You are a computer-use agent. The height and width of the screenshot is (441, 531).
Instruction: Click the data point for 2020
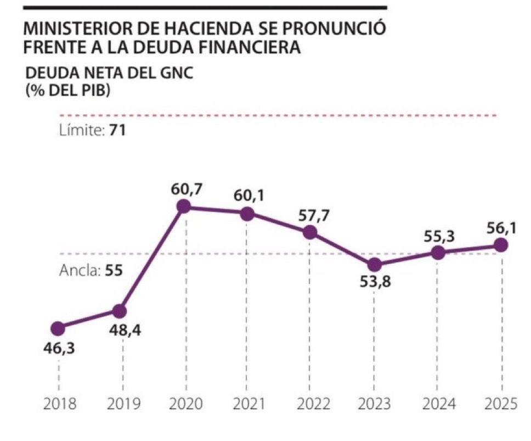point(184,206)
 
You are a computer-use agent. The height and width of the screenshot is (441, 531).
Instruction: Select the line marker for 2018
point(58,328)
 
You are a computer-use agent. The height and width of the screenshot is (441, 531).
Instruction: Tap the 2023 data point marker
point(374,265)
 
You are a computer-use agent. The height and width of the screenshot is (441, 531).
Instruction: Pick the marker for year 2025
point(500,246)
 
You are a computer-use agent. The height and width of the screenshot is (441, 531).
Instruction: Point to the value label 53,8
point(374,286)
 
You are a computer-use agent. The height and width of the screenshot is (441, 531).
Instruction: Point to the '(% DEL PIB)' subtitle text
point(67,90)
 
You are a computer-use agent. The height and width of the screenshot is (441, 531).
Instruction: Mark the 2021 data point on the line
point(247,214)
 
